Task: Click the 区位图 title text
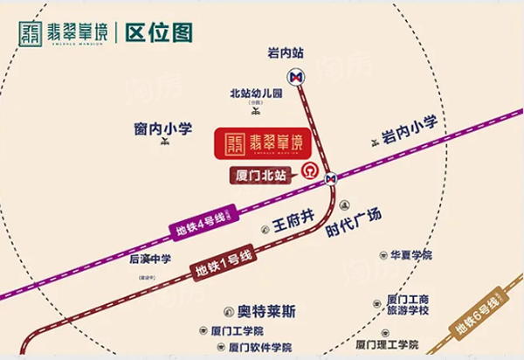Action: click(159, 33)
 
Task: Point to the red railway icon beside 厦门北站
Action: click(307, 170)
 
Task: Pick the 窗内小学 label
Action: click(163, 130)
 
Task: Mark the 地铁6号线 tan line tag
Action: click(482, 318)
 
